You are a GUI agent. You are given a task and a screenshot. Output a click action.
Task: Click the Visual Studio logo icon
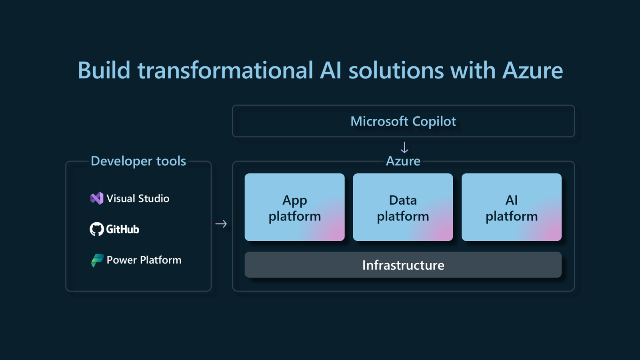pyautogui.click(x=96, y=198)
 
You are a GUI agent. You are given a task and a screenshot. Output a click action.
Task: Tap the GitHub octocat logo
pyautogui.click(x=96, y=229)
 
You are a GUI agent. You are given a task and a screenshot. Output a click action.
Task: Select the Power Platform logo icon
pyautogui.click(x=97, y=260)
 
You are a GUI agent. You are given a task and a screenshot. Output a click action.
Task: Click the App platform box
pyautogui.click(x=294, y=207)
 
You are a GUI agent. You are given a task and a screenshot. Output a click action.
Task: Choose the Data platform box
pyautogui.click(x=403, y=207)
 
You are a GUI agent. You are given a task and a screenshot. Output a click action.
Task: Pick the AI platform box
pyautogui.click(x=511, y=207)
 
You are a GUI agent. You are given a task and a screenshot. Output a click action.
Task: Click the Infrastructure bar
pyautogui.click(x=403, y=265)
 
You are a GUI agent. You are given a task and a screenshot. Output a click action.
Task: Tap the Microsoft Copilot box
pyautogui.click(x=403, y=121)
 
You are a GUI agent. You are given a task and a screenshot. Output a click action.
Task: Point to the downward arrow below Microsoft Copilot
pyautogui.click(x=404, y=147)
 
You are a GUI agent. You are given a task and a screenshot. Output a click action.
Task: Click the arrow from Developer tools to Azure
pyautogui.click(x=221, y=224)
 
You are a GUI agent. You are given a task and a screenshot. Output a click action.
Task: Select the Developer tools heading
pyautogui.click(x=138, y=161)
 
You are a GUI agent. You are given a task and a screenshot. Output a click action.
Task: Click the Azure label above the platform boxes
pyautogui.click(x=403, y=161)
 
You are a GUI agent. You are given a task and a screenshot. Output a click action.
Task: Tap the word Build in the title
pyautogui.click(x=104, y=70)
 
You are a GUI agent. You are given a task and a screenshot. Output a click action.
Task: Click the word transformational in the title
pyautogui.click(x=225, y=70)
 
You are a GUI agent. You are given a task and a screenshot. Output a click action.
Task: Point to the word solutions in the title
pyautogui.click(x=396, y=70)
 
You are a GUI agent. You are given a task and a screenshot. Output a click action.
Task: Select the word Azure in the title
pyautogui.click(x=532, y=70)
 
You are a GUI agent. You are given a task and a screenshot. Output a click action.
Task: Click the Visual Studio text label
pyautogui.click(x=138, y=198)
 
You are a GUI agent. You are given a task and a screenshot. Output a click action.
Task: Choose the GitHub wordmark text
pyautogui.click(x=122, y=229)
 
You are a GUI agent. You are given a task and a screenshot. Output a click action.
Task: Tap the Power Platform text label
pyautogui.click(x=144, y=260)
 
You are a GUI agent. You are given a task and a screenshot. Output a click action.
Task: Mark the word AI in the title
pyautogui.click(x=330, y=70)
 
